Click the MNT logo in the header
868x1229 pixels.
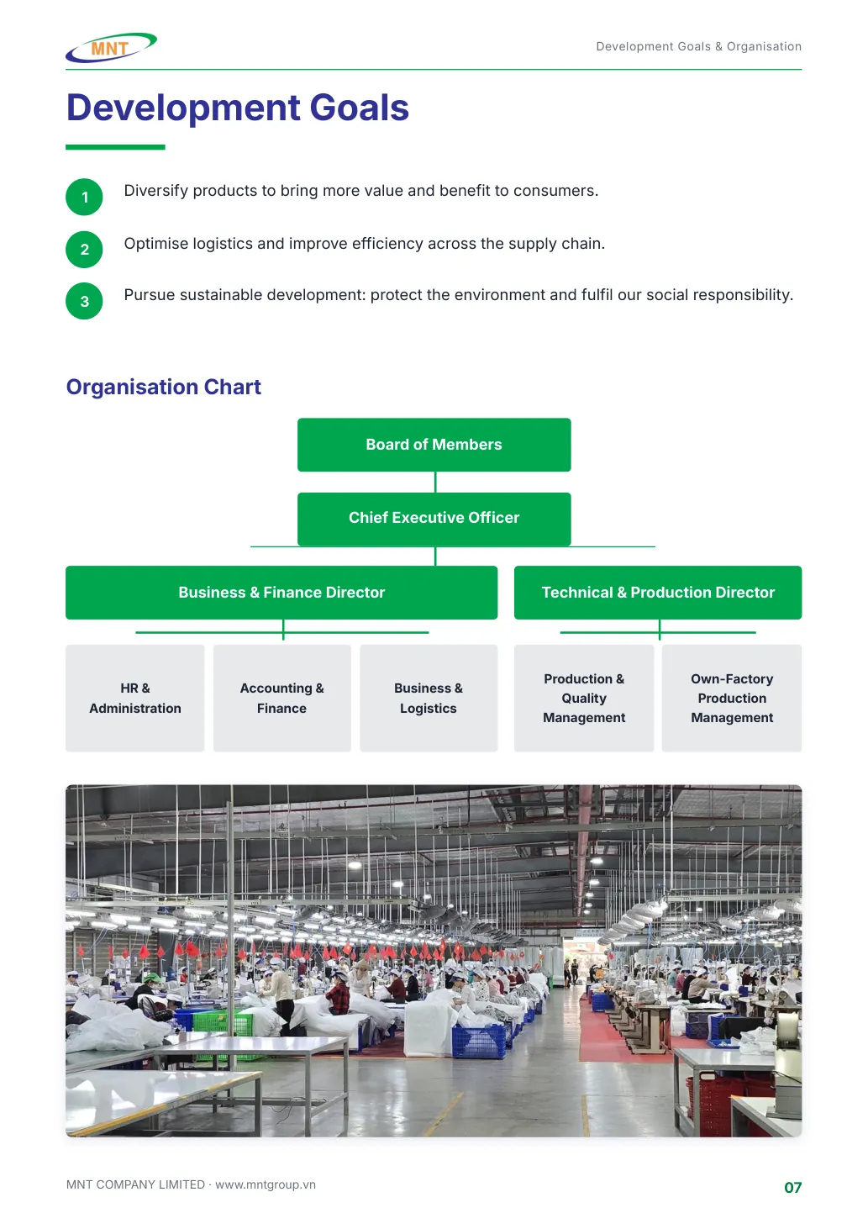pyautogui.click(x=111, y=48)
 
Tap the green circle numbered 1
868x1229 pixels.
pyautogui.click(x=84, y=197)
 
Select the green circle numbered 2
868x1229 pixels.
pyautogui.click(x=84, y=250)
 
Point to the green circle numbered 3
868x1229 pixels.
pyautogui.click(x=84, y=301)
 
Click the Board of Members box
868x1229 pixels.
pyautogui.click(x=434, y=445)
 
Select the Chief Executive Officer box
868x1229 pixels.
pyautogui.click(x=434, y=519)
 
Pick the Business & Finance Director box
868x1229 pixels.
pyautogui.click(x=281, y=593)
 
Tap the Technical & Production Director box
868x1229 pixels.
pyautogui.click(x=657, y=593)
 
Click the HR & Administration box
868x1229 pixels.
pyautogui.click(x=135, y=698)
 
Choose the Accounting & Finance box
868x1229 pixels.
pyautogui.click(x=281, y=698)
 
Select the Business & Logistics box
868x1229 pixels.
pyautogui.click(x=429, y=698)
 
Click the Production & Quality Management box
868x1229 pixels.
pyautogui.click(x=584, y=698)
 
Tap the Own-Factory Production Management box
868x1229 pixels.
pyautogui.click(x=732, y=698)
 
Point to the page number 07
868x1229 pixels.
pyautogui.click(x=792, y=1188)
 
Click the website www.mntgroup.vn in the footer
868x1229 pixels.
pyautogui.click(x=266, y=1184)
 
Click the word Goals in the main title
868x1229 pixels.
pyautogui.click(x=359, y=108)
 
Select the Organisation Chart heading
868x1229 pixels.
pyautogui.click(x=163, y=387)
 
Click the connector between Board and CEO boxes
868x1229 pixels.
pyautogui.click(x=435, y=482)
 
